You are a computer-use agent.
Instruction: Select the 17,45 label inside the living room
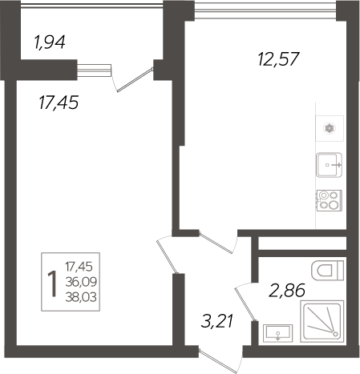point(60,103)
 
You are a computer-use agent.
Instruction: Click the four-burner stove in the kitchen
point(329,199)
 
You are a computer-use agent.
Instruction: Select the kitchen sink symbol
point(329,165)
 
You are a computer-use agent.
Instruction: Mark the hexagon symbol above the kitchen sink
point(329,127)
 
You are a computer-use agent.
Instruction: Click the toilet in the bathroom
point(330,269)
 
